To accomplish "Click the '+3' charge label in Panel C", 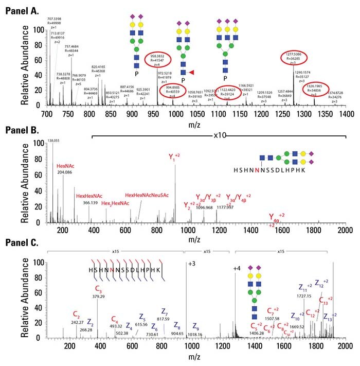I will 192,264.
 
